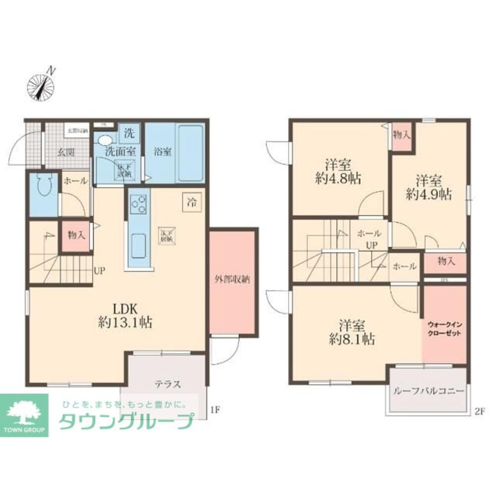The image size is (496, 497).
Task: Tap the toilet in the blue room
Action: (42, 189)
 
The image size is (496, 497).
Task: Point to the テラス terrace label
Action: (167, 384)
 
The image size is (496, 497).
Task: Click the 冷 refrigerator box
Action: (190, 202)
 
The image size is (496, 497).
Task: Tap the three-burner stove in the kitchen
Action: (138, 203)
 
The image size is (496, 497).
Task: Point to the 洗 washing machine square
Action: (129, 133)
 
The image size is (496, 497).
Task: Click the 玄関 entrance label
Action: (64, 152)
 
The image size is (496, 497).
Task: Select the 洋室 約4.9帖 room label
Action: (429, 187)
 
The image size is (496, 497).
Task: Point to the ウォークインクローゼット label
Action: (444, 328)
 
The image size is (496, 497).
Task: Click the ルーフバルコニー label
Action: (428, 391)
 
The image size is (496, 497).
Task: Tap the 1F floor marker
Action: (214, 410)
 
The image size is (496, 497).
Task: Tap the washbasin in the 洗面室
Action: (106, 140)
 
